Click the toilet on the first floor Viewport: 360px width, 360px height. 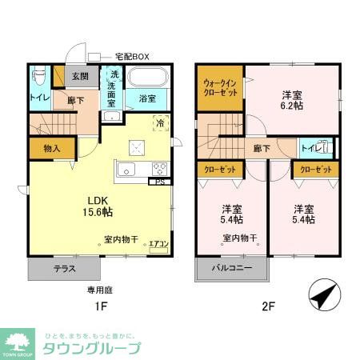point(38,79)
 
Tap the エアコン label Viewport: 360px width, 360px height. point(158,244)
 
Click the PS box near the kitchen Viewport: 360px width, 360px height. point(162,182)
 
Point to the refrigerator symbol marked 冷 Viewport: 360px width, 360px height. point(160,124)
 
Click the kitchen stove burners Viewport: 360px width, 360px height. point(158,169)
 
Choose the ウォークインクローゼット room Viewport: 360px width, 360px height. point(218,88)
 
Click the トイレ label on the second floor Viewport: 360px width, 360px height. point(310,148)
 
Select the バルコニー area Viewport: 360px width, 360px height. point(232,269)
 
